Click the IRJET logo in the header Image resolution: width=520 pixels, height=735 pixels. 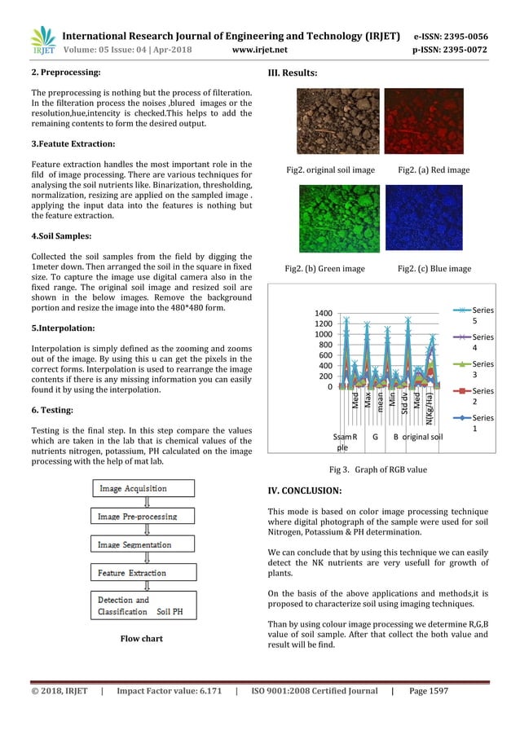(42, 41)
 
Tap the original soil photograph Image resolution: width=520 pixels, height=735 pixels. (331, 123)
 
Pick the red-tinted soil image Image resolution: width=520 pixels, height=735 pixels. (423, 123)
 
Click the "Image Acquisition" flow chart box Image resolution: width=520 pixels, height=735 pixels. (142, 489)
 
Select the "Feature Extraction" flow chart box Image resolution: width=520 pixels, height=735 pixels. (142, 573)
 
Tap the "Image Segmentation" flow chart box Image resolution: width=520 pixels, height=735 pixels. (142, 544)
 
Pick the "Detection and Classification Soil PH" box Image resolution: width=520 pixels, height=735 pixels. (142, 605)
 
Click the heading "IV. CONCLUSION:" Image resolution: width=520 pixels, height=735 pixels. (305, 491)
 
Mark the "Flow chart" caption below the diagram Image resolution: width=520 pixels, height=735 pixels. (141, 639)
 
